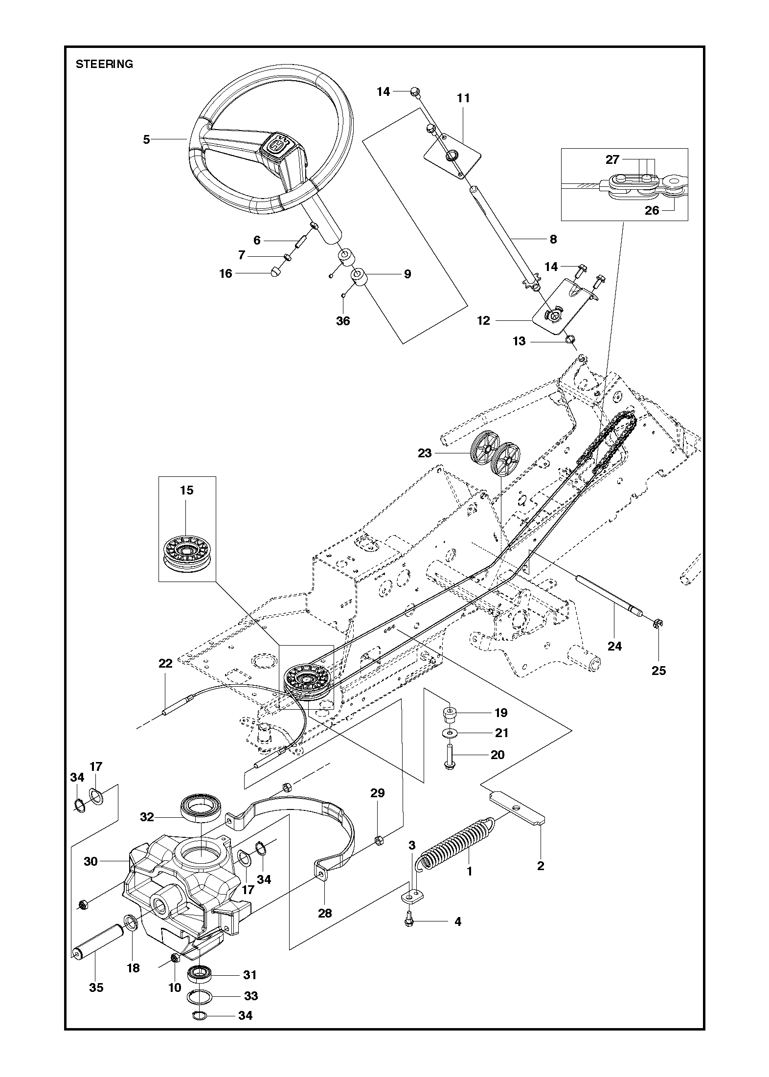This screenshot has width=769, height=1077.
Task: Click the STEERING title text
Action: pyautogui.click(x=104, y=64)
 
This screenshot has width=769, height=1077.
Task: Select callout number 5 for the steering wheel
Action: pyautogui.click(x=146, y=140)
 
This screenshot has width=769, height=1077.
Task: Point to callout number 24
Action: pyautogui.click(x=614, y=646)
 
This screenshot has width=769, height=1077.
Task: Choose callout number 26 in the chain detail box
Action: pyautogui.click(x=652, y=210)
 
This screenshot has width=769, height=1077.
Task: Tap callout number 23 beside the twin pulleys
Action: pyautogui.click(x=425, y=453)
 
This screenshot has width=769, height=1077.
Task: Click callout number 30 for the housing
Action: pyautogui.click(x=90, y=861)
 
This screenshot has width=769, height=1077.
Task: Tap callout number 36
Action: pyautogui.click(x=343, y=321)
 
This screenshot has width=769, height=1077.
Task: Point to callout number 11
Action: pyautogui.click(x=463, y=98)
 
